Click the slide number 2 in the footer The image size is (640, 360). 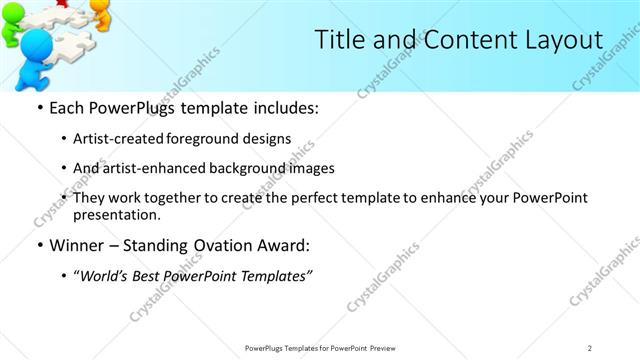(589, 347)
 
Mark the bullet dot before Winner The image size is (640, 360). (40, 246)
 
